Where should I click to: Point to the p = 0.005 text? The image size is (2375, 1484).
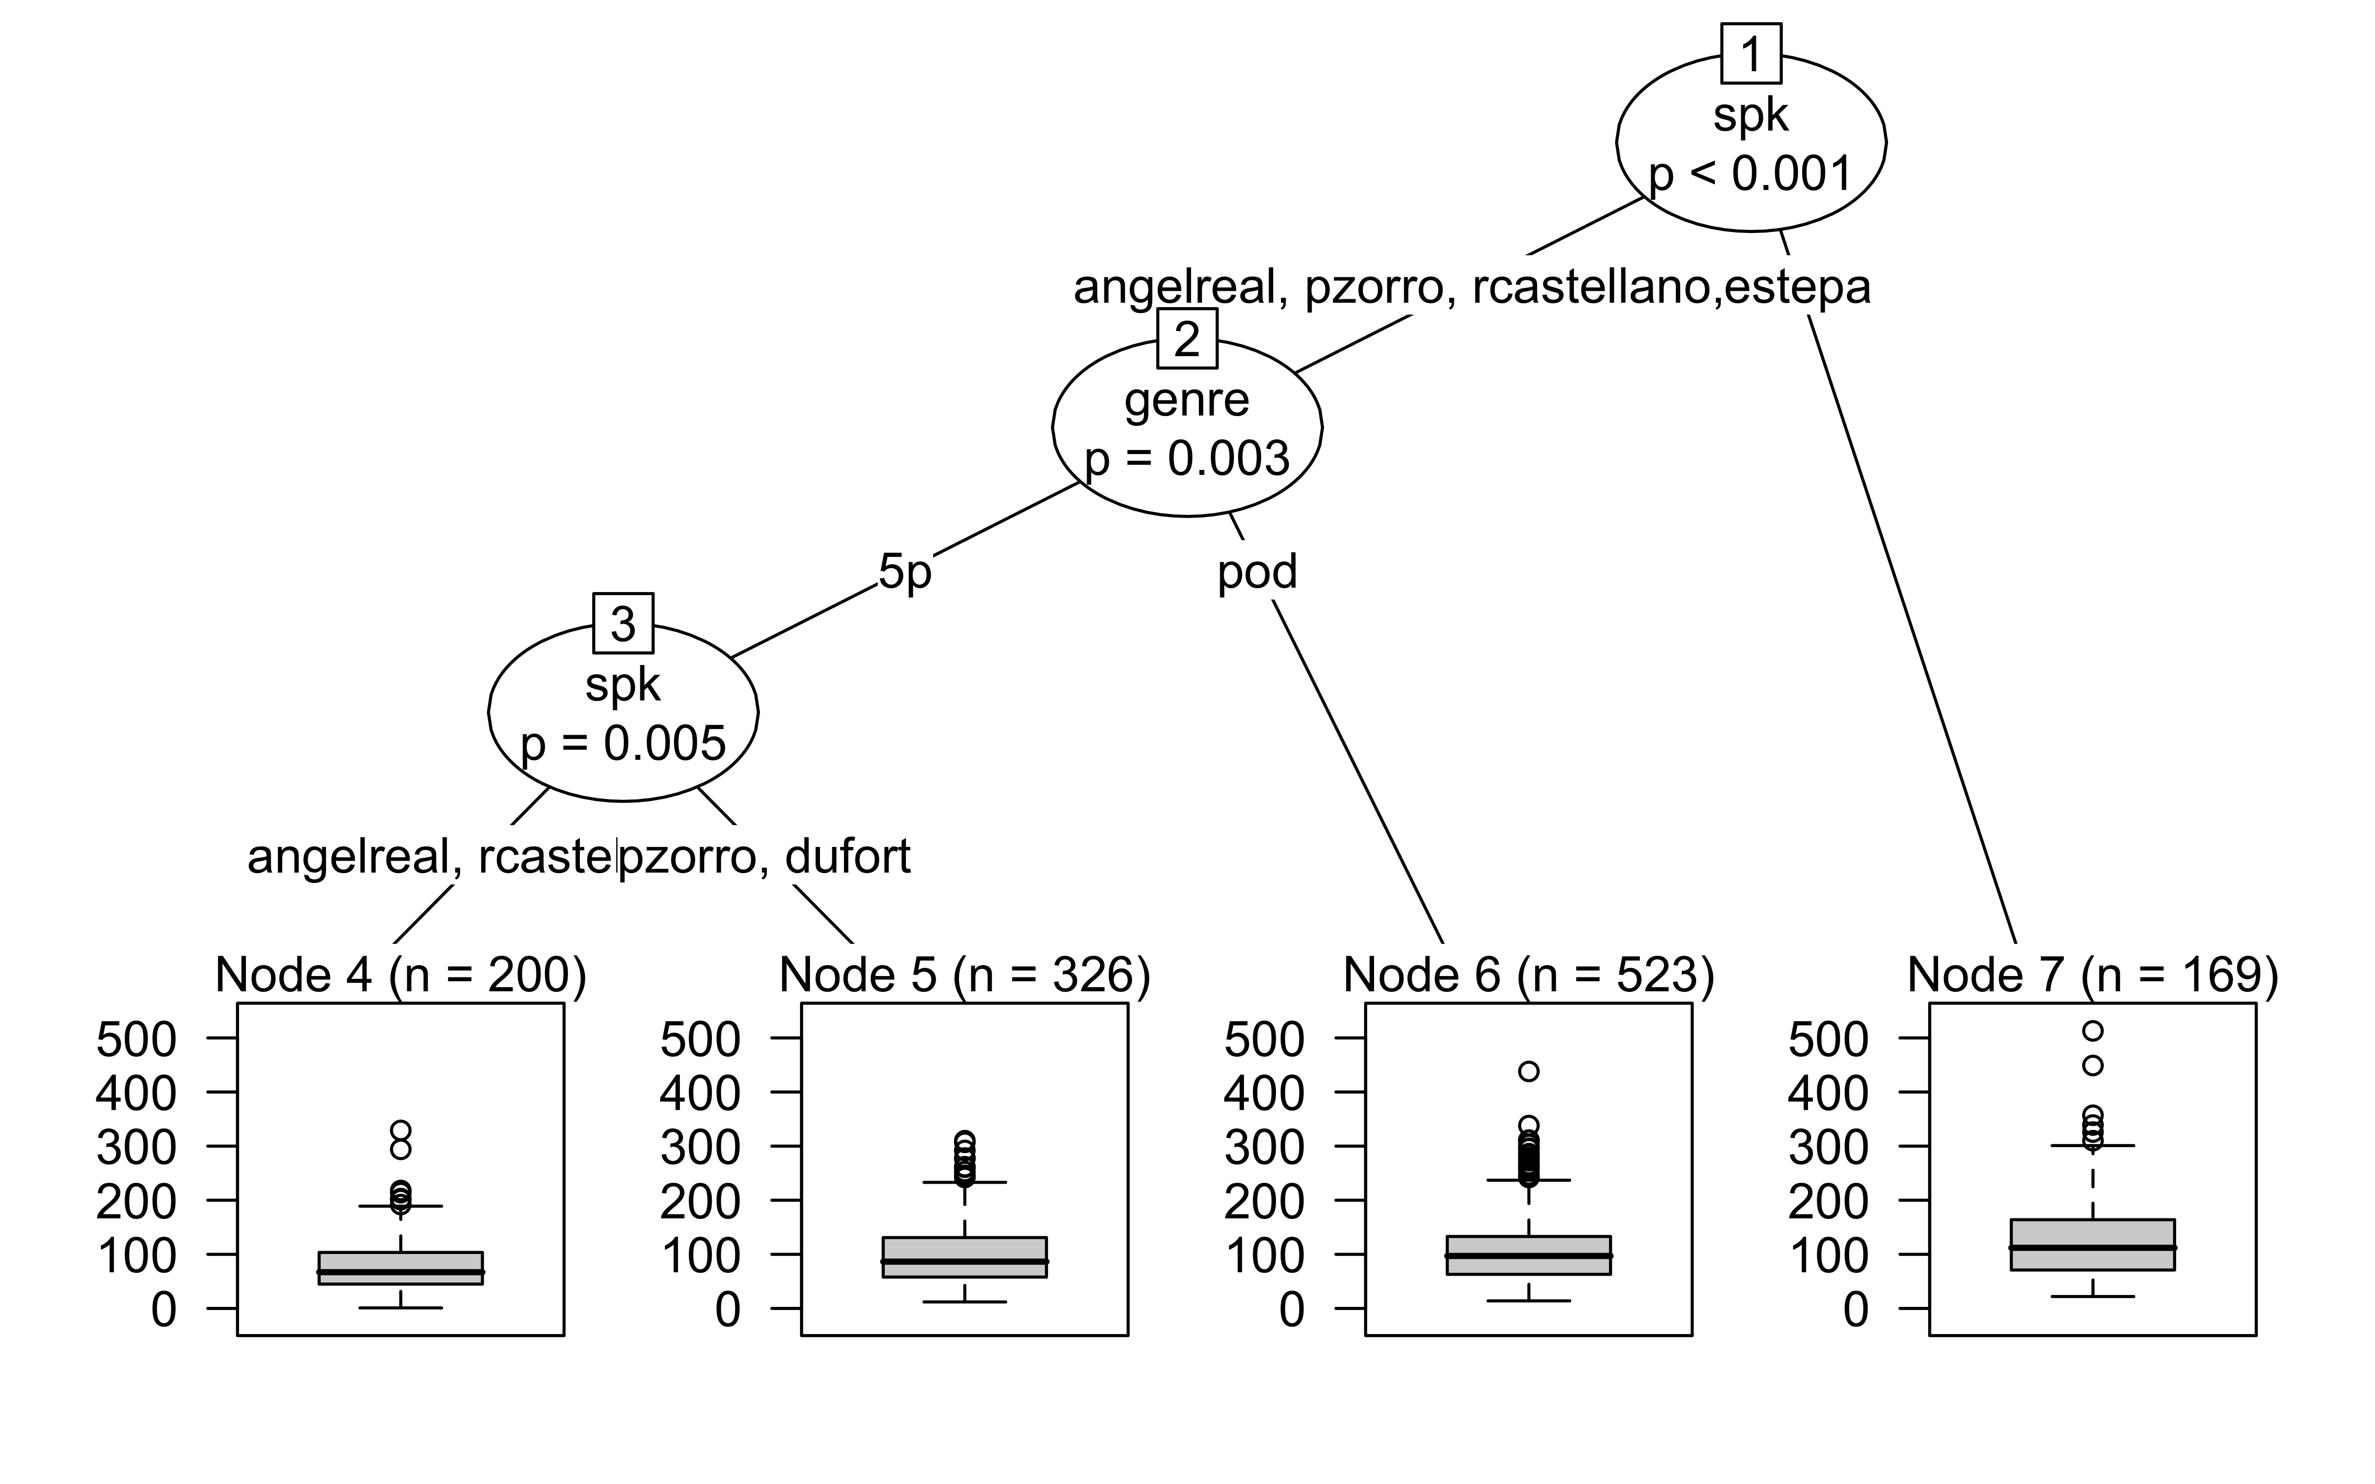click(x=623, y=744)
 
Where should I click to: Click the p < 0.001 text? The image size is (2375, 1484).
click(x=1751, y=175)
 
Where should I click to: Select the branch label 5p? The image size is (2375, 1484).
click(x=904, y=571)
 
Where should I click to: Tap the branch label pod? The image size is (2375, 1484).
click(x=1257, y=571)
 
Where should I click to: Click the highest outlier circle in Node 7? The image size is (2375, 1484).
click(x=2092, y=1030)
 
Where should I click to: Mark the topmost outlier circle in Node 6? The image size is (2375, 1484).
click(x=1528, y=1071)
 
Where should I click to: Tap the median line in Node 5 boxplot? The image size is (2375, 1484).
click(x=965, y=1261)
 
